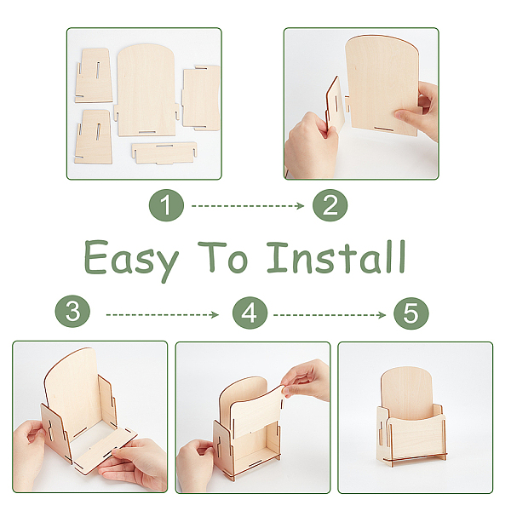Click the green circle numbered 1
[x=166, y=205]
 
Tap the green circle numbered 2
[x=330, y=205]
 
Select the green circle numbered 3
[x=72, y=311]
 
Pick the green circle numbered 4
[x=250, y=313]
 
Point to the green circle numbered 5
[x=411, y=313]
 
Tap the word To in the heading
[x=223, y=257]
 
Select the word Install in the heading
[x=336, y=257]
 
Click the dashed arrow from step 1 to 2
[x=248, y=206]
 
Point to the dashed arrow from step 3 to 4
[x=163, y=315]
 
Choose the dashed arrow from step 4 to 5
[x=330, y=315]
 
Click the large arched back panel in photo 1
[x=146, y=90]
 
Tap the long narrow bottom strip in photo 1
[x=164, y=152]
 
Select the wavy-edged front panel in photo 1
[x=200, y=96]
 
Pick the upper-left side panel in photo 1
[x=94, y=76]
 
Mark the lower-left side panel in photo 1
[x=94, y=137]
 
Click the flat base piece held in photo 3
[x=104, y=450]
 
